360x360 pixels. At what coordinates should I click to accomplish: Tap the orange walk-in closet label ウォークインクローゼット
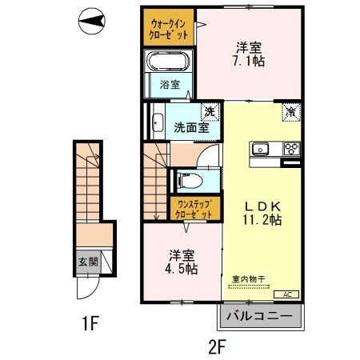click(169, 29)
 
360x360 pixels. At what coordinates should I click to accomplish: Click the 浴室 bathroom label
click(167, 84)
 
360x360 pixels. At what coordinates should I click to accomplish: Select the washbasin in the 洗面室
click(156, 122)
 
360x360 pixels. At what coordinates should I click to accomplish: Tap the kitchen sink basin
click(262, 149)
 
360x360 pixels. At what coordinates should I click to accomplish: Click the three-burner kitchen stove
click(288, 149)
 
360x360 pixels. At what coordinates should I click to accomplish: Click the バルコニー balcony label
click(262, 316)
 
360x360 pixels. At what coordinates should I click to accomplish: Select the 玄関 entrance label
click(87, 260)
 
